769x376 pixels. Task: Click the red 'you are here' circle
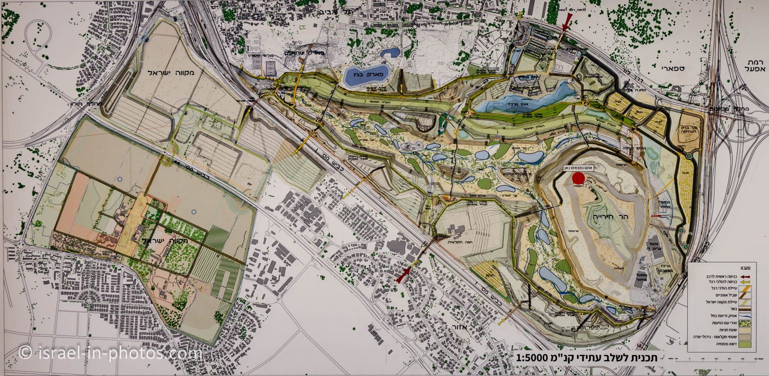pos(578,179)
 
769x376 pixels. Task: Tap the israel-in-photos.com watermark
pos(110,353)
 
